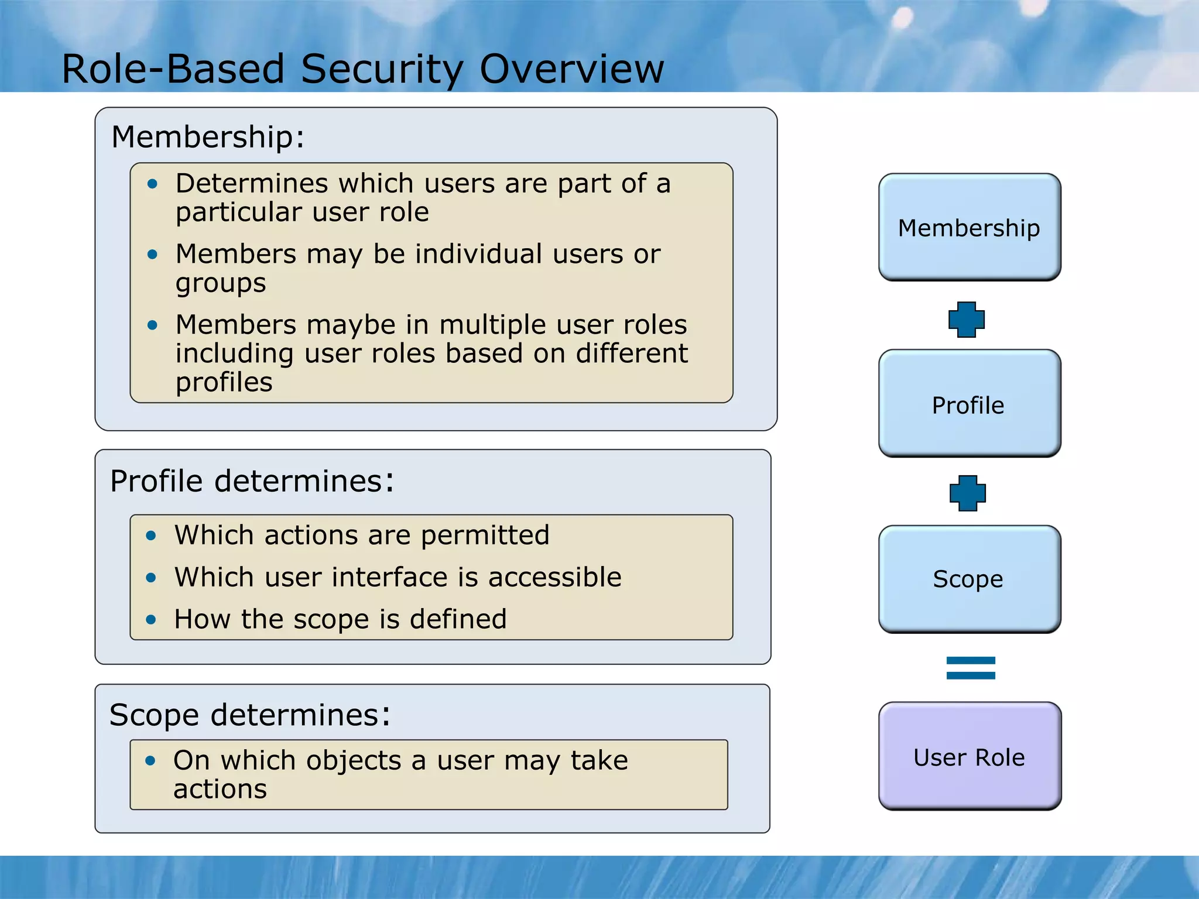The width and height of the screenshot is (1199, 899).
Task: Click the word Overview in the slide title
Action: [x=571, y=68]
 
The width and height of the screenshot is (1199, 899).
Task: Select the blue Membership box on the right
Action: [x=969, y=227]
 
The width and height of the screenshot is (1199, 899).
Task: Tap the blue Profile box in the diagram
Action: [x=969, y=404]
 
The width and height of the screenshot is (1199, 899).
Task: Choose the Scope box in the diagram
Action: [x=969, y=579]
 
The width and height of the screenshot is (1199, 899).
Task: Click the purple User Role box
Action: [x=969, y=757]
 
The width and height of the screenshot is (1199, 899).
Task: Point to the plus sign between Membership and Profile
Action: [x=966, y=320]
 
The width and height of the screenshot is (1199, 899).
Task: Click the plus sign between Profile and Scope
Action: [x=967, y=493]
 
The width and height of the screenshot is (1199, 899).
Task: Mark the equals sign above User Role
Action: [x=970, y=668]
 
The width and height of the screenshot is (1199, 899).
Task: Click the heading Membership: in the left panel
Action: [x=208, y=137]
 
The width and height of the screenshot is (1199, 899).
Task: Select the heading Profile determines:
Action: [x=252, y=481]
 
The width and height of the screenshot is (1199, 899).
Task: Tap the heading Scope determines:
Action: [x=249, y=715]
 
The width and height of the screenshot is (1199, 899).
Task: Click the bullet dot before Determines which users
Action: [x=153, y=184]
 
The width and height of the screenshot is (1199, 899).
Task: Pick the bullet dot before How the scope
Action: [x=151, y=620]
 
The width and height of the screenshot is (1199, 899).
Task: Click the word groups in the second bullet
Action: [x=221, y=283]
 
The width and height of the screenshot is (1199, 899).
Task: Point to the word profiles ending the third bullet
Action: [x=224, y=383]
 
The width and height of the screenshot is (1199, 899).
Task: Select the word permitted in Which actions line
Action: [x=485, y=535]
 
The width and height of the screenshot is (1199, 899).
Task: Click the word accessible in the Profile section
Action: [x=554, y=577]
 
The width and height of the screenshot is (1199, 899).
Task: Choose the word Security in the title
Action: [x=382, y=68]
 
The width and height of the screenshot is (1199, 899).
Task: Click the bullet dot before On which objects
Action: [x=150, y=760]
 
